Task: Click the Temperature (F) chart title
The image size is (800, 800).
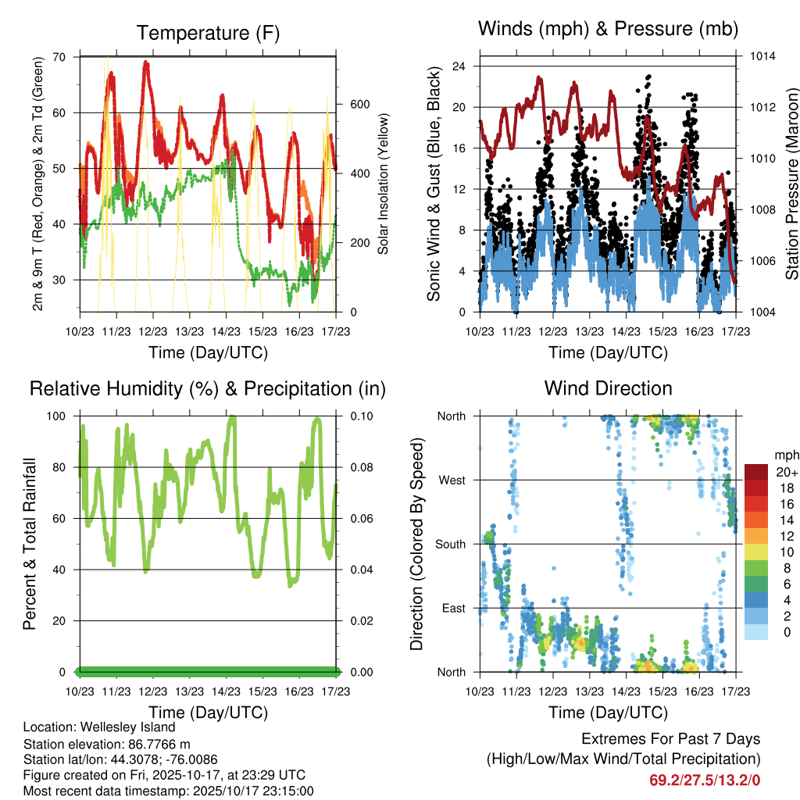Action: click(208, 33)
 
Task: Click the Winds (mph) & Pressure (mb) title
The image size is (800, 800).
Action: click(608, 29)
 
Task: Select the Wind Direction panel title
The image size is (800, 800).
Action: click(608, 387)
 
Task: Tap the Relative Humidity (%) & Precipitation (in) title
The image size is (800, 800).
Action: click(208, 388)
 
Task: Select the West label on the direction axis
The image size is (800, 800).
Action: click(452, 480)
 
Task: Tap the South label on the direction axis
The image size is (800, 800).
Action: click(450, 545)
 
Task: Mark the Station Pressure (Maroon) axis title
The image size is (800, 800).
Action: click(791, 184)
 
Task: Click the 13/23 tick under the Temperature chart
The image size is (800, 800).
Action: click(189, 331)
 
